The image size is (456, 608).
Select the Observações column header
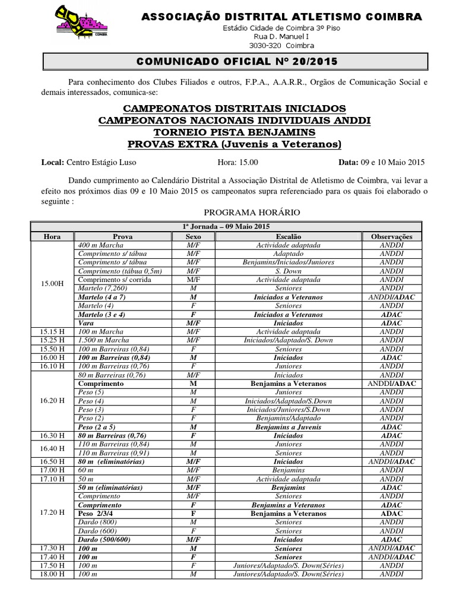coord(392,236)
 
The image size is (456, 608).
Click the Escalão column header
coord(288,236)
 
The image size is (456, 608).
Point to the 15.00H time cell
coord(52,284)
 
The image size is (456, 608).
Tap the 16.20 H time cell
coord(52,401)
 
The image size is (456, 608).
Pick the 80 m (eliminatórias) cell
coord(112,461)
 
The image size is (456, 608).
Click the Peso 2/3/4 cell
coord(97,513)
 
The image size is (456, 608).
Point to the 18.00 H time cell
coord(52,574)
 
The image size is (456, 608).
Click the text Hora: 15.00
coord(235,162)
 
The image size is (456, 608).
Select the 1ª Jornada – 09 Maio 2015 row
coord(226,227)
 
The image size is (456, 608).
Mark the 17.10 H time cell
coord(52,479)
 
